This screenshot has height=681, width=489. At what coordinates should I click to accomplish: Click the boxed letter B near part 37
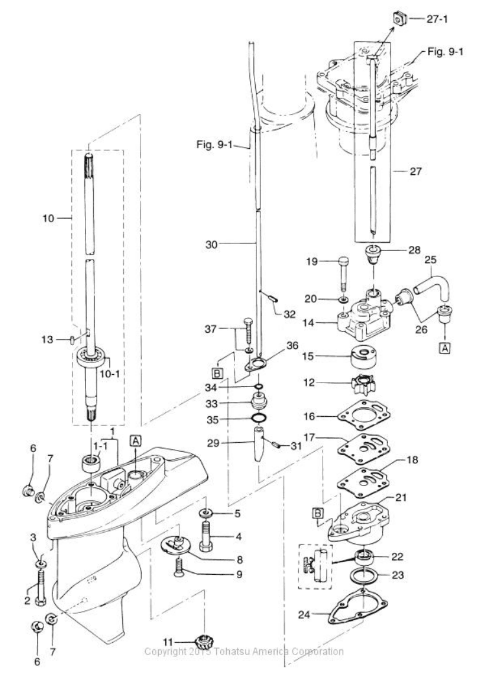(216, 373)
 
